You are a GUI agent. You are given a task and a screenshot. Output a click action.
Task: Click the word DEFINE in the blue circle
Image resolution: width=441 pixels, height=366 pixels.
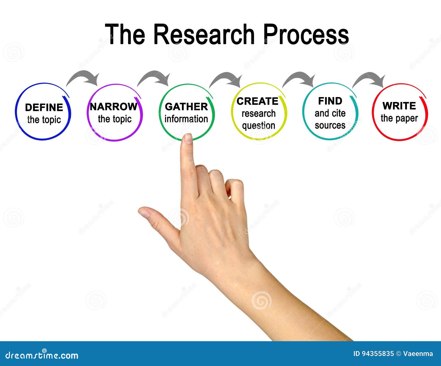[x=44, y=107]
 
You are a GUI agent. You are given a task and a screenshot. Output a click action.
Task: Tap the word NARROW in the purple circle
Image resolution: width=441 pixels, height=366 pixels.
[x=114, y=107]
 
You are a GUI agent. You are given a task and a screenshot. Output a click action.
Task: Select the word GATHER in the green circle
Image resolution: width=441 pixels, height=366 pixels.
[x=186, y=107]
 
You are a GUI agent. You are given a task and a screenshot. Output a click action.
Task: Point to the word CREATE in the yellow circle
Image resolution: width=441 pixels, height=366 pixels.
[x=257, y=101]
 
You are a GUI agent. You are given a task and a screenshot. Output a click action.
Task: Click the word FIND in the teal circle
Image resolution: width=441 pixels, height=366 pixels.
[x=330, y=101]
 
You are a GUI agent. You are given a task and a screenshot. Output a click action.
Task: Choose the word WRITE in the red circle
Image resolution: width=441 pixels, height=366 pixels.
[x=399, y=106]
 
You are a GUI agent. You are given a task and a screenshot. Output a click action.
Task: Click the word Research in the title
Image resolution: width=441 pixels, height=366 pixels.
[x=204, y=34]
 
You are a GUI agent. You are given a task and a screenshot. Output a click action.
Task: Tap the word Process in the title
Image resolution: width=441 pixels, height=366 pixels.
[x=306, y=34]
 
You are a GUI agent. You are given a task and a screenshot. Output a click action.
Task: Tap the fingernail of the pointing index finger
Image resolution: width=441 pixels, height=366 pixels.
[x=188, y=138]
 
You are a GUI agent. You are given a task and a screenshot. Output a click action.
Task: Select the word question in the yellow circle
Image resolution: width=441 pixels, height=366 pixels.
[x=259, y=126]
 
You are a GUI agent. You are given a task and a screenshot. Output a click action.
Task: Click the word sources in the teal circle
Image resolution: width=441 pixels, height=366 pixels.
[x=330, y=125]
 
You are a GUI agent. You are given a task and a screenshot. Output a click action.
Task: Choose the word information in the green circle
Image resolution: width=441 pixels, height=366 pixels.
[x=186, y=119]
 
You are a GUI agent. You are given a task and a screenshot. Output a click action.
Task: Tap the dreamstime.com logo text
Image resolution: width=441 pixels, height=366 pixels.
[x=42, y=355]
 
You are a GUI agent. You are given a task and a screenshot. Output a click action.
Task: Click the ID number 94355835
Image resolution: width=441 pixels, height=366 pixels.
[x=377, y=354]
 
